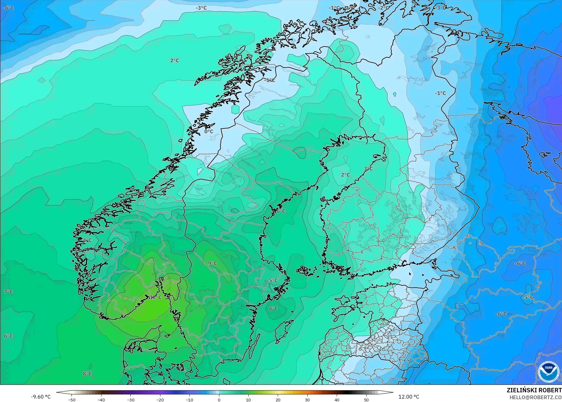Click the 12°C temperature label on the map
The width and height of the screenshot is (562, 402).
[x=155, y=297]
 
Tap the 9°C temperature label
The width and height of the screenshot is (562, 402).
[x=213, y=263]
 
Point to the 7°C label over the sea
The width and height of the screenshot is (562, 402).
[x=8, y=292]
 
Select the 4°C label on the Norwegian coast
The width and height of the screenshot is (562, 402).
[x=87, y=240]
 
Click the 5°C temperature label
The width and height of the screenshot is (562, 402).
[x=273, y=280]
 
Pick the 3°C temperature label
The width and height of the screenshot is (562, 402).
[x=368, y=169]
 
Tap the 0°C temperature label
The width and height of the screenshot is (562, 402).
[x=209, y=132]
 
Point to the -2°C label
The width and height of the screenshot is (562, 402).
[x=384, y=8]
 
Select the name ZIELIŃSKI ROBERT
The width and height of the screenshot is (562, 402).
[x=534, y=390]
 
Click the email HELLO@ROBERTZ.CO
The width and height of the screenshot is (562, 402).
[x=535, y=397]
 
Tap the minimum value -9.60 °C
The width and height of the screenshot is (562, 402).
[x=41, y=397]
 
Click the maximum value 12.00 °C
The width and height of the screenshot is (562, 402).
[x=409, y=397]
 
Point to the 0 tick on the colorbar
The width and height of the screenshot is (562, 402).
[x=219, y=400]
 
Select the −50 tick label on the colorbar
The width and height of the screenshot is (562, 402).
[x=72, y=400]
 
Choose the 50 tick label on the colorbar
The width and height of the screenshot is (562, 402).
[x=366, y=400]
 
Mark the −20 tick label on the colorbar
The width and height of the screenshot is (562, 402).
[x=160, y=400]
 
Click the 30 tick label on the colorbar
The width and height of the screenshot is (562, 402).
[x=307, y=400]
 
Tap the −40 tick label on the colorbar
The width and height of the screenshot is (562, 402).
[x=101, y=400]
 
